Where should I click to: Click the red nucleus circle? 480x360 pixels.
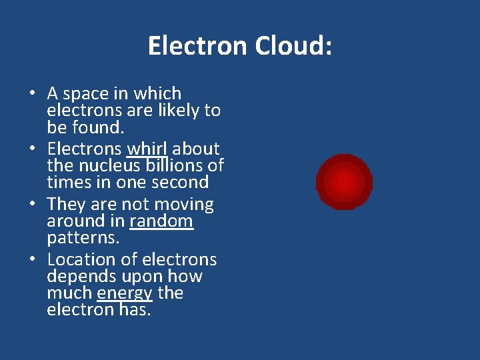pos(344,182)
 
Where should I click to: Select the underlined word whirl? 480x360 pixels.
pos(147,149)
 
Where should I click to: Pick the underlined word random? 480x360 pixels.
pos(161,221)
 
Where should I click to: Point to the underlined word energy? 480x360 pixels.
pos(125,293)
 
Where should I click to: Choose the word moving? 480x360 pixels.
pos(185,205)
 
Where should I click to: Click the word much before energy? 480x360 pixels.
pos(69,293)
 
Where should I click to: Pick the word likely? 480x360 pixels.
pos(177,111)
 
